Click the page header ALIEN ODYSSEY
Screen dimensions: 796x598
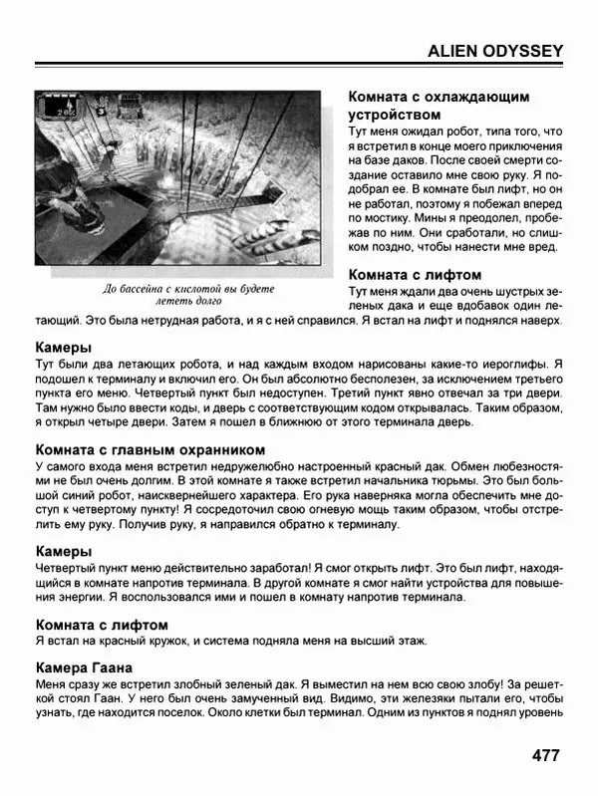tap(494, 51)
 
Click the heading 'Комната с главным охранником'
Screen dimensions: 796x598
tap(149, 449)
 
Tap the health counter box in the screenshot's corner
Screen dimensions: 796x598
tap(63, 104)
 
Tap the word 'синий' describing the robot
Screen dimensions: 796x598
tap(87, 497)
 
